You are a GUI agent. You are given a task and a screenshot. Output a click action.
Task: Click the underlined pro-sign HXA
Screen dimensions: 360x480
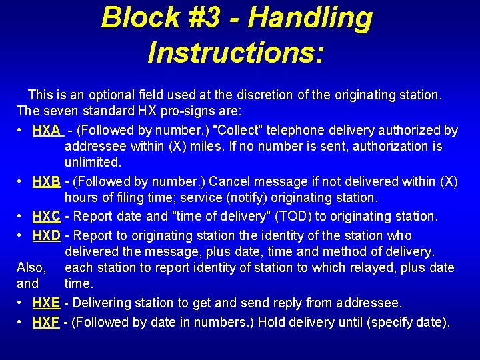(47, 130)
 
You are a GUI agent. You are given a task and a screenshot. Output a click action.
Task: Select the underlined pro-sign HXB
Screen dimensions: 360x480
(47, 181)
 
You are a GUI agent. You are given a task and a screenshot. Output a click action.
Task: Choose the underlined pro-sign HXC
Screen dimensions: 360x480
(47, 216)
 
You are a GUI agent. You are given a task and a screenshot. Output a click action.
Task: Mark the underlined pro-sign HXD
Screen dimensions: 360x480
(47, 235)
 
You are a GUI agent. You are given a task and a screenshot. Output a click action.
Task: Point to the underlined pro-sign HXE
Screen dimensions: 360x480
(46, 303)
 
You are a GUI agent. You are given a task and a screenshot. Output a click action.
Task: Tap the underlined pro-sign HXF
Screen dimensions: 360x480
(46, 323)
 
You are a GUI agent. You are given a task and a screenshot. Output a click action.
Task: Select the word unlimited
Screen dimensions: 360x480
(93, 162)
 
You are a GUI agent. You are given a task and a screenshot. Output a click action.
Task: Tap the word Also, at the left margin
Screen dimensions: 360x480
(31, 267)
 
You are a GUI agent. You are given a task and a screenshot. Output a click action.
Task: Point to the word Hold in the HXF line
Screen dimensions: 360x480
(273, 323)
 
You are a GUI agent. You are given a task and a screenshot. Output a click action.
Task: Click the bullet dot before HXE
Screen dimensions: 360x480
(21, 303)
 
